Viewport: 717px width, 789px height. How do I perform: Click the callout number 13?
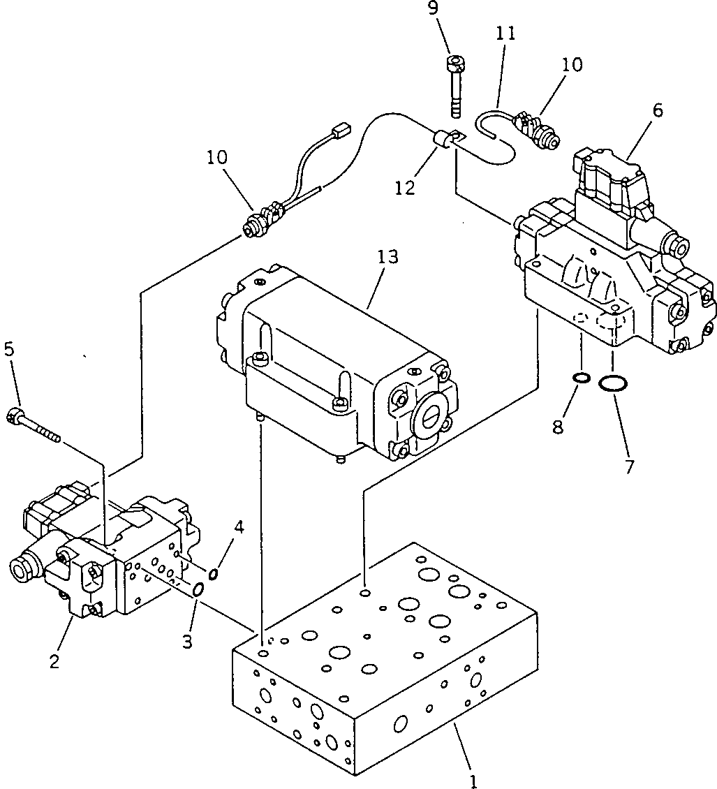pyautogui.click(x=387, y=257)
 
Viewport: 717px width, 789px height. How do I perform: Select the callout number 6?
pyautogui.click(x=658, y=110)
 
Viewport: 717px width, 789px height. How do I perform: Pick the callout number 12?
pyautogui.click(x=404, y=187)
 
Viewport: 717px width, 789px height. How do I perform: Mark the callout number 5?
pyautogui.click(x=8, y=348)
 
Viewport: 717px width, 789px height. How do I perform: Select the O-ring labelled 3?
pyautogui.click(x=198, y=590)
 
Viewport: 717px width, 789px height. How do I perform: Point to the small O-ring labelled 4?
pyautogui.click(x=214, y=573)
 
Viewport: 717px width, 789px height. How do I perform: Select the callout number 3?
pyautogui.click(x=188, y=642)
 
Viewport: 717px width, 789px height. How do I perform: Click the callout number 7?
pyautogui.click(x=628, y=466)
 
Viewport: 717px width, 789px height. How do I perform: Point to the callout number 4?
pyautogui.click(x=239, y=527)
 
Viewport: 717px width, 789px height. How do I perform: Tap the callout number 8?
pyautogui.click(x=558, y=427)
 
